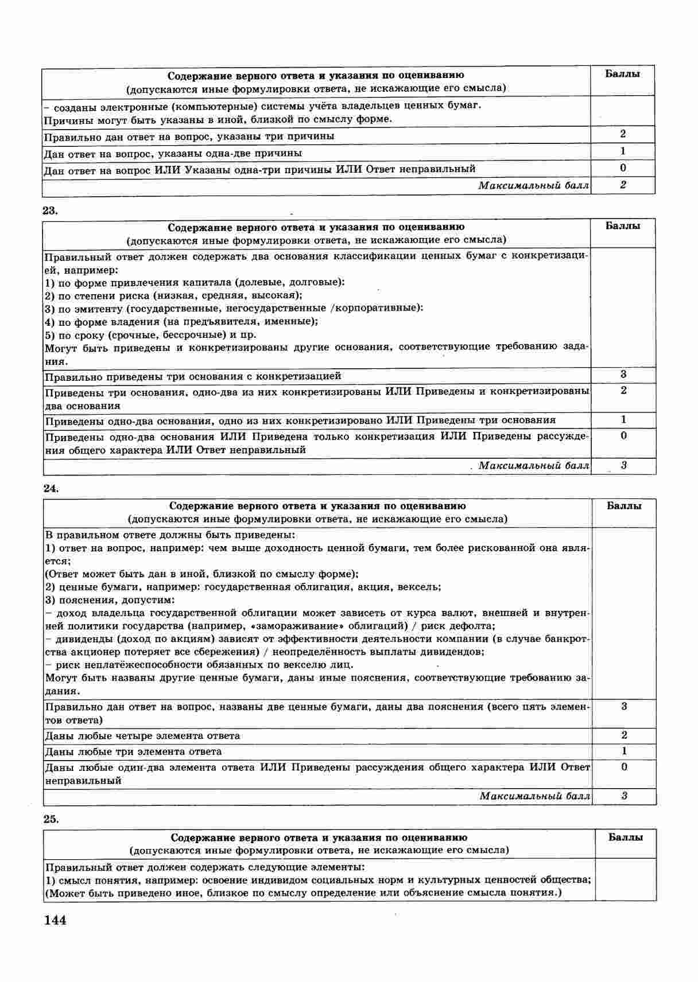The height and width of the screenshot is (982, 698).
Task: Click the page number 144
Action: coord(55,921)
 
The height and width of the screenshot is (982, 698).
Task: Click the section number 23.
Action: coord(51,210)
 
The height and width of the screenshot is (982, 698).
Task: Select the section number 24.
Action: coord(51,489)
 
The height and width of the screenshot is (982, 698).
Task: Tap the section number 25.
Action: coord(51,819)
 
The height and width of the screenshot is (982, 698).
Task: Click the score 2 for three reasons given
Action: coord(623,134)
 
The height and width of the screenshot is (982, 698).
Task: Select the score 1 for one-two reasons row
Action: coord(623,151)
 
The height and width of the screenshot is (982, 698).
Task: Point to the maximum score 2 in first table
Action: coord(623,185)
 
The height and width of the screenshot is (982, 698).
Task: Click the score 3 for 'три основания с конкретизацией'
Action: coord(623,375)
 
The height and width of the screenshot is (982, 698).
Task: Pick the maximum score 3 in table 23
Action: coord(623,465)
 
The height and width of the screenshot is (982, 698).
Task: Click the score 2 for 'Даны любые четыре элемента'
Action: coord(624,735)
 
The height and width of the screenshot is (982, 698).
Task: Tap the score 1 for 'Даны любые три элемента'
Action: coord(624,751)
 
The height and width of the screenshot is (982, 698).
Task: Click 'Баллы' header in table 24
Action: coord(624,506)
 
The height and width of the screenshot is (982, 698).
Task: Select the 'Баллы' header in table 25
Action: coord(625,837)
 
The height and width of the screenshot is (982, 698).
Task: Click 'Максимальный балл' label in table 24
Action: coord(534,796)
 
